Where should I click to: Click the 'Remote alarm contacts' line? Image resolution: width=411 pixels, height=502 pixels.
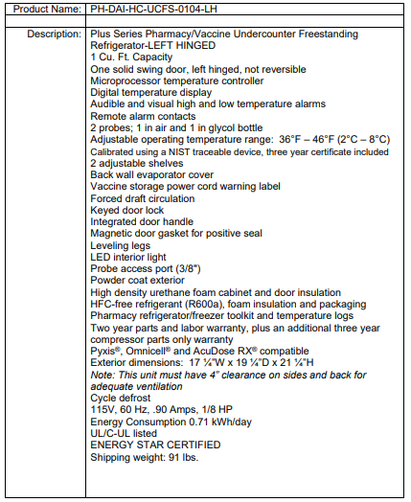143,116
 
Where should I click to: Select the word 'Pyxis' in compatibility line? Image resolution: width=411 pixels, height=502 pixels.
104,351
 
